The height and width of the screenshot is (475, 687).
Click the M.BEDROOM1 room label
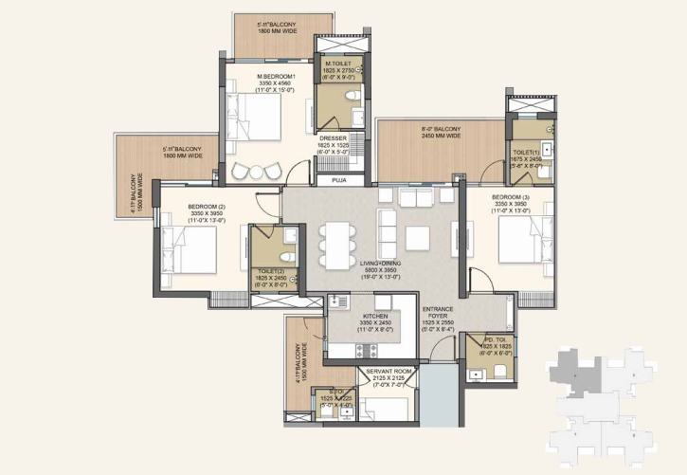pyautogui.click(x=277, y=76)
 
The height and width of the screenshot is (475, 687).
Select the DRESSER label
pyautogui.click(x=333, y=138)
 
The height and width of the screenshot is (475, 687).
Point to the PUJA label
pyautogui.click(x=338, y=179)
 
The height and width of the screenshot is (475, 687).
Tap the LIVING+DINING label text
pyautogui.click(x=380, y=265)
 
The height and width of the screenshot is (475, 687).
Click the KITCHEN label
pyautogui.click(x=375, y=317)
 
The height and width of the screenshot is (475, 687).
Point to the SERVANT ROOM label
pyautogui.click(x=388, y=370)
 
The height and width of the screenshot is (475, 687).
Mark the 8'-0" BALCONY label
pyautogui.click(x=441, y=129)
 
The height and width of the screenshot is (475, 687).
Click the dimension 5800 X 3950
pyautogui.click(x=380, y=271)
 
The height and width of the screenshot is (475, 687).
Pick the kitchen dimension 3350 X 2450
pyautogui.click(x=375, y=323)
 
